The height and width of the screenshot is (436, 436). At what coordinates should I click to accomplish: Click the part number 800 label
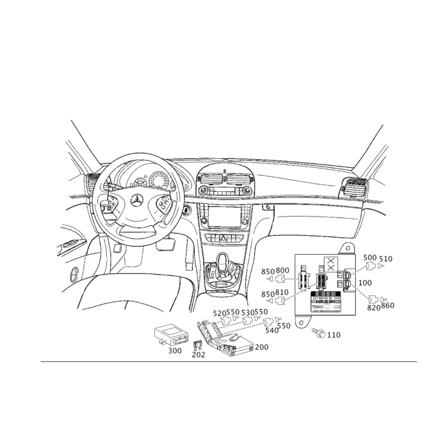[x=282, y=271]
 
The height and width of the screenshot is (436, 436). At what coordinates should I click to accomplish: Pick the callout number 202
[x=198, y=354]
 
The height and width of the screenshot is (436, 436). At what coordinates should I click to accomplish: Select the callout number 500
[x=370, y=257]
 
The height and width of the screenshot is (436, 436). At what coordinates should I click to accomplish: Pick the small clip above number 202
[x=197, y=343]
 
